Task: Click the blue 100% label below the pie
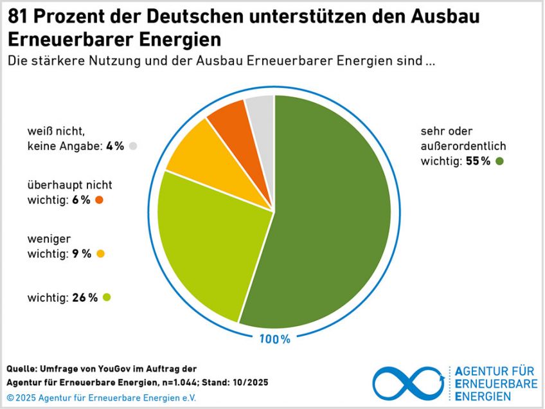pos(274,339)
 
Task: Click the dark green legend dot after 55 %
pos(500,161)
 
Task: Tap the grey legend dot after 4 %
pos(133,146)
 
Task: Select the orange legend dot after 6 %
pos(99,200)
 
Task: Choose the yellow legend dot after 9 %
pos(100,253)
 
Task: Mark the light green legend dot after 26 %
pos(107,297)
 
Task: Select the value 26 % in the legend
pos(85,297)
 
